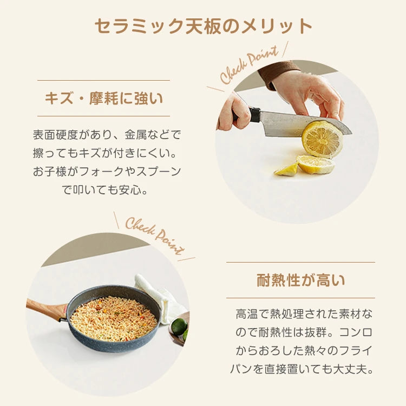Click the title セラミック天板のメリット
203,27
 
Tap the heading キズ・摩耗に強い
104,99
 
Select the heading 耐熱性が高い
300,280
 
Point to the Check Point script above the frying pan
155,236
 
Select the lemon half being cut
323,139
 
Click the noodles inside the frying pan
113,319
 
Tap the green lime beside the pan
179,327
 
